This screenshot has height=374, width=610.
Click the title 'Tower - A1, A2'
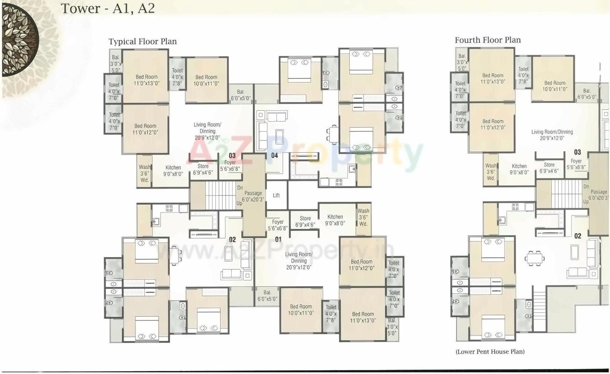pyautogui.click(x=108, y=9)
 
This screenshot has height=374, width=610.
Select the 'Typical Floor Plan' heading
pyautogui.click(x=142, y=42)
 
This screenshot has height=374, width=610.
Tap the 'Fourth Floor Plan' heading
pyautogui.click(x=488, y=40)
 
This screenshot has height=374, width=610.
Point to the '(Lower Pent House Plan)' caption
pyautogui.click(x=490, y=352)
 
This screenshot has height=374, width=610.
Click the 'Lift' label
pyautogui.click(x=276, y=196)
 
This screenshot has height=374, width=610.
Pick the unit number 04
pyautogui.click(x=274, y=156)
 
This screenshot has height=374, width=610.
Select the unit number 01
pyautogui.click(x=278, y=239)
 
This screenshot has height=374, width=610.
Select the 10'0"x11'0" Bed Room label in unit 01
pyautogui.click(x=301, y=310)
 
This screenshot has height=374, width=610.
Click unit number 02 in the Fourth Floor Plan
pyautogui.click(x=578, y=236)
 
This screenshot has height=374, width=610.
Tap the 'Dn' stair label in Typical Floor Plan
pyautogui.click(x=240, y=188)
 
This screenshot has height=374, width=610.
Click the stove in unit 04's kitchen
pyautogui.click(x=339, y=181)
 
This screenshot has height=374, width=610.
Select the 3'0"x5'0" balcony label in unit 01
pyautogui.click(x=392, y=327)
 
